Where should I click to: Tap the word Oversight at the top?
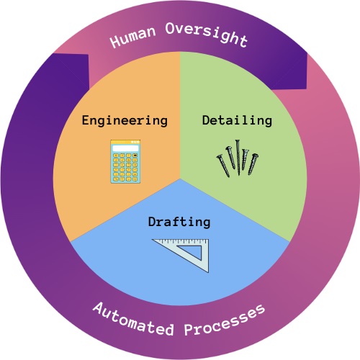tap(207, 35)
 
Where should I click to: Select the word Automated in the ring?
tap(133, 320)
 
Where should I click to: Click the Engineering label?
tap(125, 120)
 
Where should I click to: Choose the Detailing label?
tap(237, 120)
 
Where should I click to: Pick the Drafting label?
tap(179, 222)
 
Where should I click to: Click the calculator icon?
tap(125, 161)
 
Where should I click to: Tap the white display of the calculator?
tap(125, 148)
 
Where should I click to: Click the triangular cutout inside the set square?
tap(193, 251)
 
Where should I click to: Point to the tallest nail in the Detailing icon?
tap(238, 157)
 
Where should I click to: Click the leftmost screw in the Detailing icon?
tap(223, 166)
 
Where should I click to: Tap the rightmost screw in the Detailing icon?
tap(253, 164)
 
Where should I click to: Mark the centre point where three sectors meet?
tap(180, 179)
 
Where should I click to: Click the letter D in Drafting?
tap(153, 222)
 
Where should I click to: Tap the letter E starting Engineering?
tap(86, 120)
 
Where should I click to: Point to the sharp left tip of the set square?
tap(152, 240)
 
